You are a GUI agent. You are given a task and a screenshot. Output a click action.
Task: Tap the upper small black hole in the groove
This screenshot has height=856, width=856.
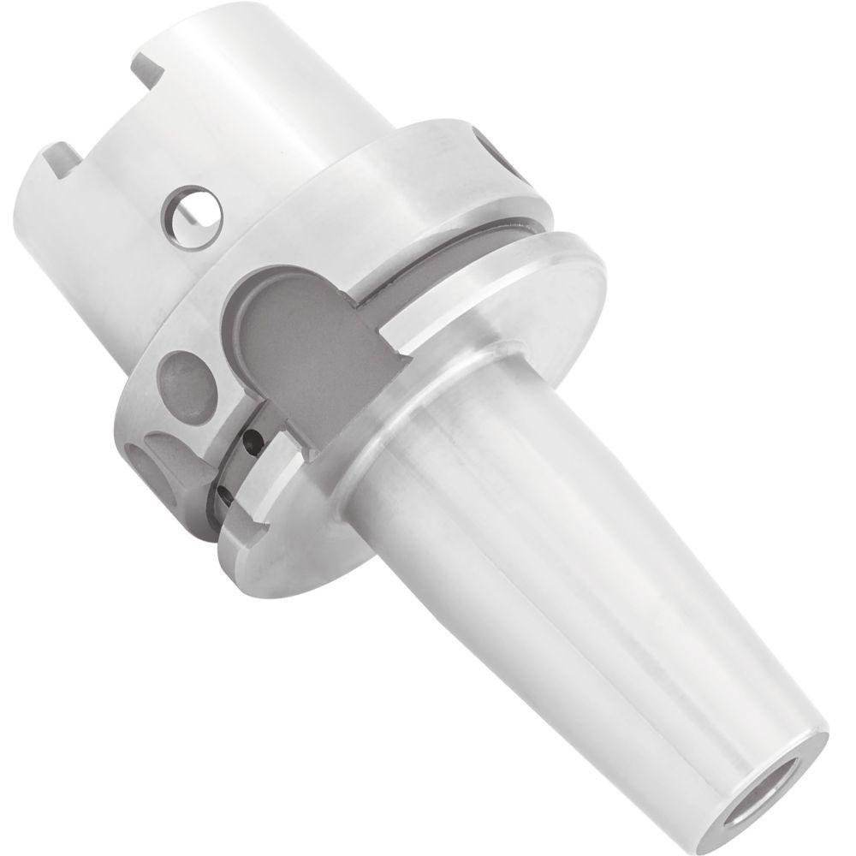pyautogui.click(x=250, y=443)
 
